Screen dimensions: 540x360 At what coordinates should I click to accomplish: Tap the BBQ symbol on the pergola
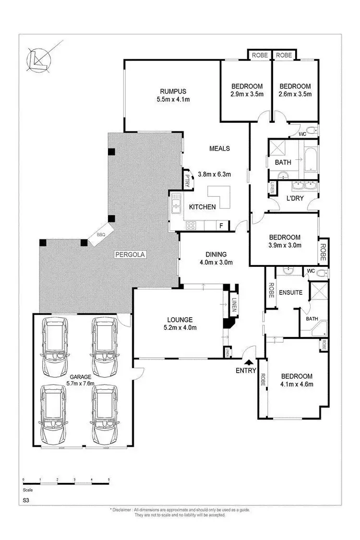[101, 235]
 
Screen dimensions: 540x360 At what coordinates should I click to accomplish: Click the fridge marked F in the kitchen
[221, 225]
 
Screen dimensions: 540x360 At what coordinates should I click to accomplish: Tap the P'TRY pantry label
[187, 180]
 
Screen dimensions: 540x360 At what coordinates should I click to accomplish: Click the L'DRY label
[295, 197]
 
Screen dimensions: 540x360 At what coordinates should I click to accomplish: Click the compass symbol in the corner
[41, 58]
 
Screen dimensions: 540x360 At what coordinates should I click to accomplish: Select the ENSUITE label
[291, 292]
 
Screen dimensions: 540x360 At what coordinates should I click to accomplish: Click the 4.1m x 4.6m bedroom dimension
[297, 384]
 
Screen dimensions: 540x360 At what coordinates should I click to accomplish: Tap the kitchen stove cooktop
[192, 224]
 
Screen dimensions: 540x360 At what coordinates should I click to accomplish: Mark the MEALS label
[219, 148]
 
